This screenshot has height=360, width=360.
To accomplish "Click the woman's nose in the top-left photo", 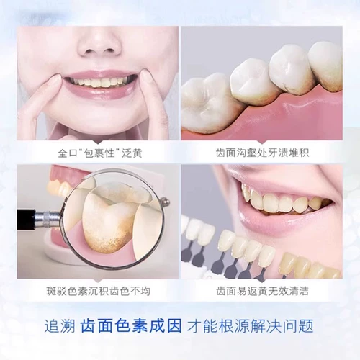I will click(x=99, y=44).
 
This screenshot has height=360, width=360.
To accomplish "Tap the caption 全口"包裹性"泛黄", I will click(x=99, y=153).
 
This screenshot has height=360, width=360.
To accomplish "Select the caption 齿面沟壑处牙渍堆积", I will click(x=261, y=153).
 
